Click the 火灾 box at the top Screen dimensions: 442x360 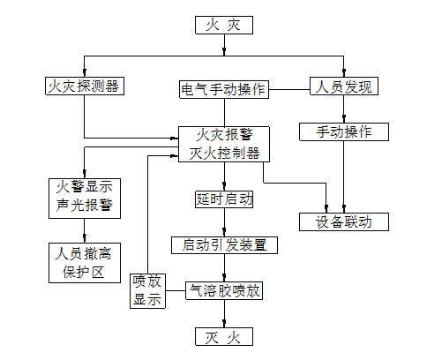pyautogui.click(x=224, y=25)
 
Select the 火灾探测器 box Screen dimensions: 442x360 pyautogui.click(x=85, y=86)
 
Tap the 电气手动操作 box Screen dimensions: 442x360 pyautogui.click(x=224, y=89)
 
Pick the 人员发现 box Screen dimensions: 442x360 pyautogui.click(x=344, y=86)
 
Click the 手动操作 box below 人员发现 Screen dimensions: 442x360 pyautogui.click(x=344, y=131)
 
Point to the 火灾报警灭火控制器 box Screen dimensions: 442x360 pyautogui.click(x=224, y=144)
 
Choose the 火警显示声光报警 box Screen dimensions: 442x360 pyautogui.click(x=85, y=199)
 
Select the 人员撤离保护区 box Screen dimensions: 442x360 pyautogui.click(x=85, y=263)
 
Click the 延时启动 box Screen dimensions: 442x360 pyautogui.click(x=224, y=199)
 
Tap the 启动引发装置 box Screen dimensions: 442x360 pyautogui.click(x=224, y=245)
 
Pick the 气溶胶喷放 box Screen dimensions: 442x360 pyautogui.click(x=224, y=290)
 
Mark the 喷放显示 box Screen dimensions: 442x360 pyautogui.click(x=147, y=291)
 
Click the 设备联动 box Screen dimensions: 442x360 pyautogui.click(x=344, y=221)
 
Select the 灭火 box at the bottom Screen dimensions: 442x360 pyautogui.click(x=224, y=337)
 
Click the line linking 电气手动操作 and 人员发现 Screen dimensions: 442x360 pyautogui.click(x=289, y=89)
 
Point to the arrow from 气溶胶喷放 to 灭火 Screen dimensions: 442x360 pyautogui.click(x=224, y=313)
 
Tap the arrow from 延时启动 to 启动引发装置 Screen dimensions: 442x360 pyautogui.click(x=224, y=222)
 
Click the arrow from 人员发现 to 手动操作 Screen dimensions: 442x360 pyautogui.click(x=344, y=109)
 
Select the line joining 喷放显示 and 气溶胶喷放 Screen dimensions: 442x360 pyautogui.click(x=176, y=291)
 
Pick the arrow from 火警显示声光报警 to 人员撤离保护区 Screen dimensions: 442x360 pyautogui.click(x=85, y=230)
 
